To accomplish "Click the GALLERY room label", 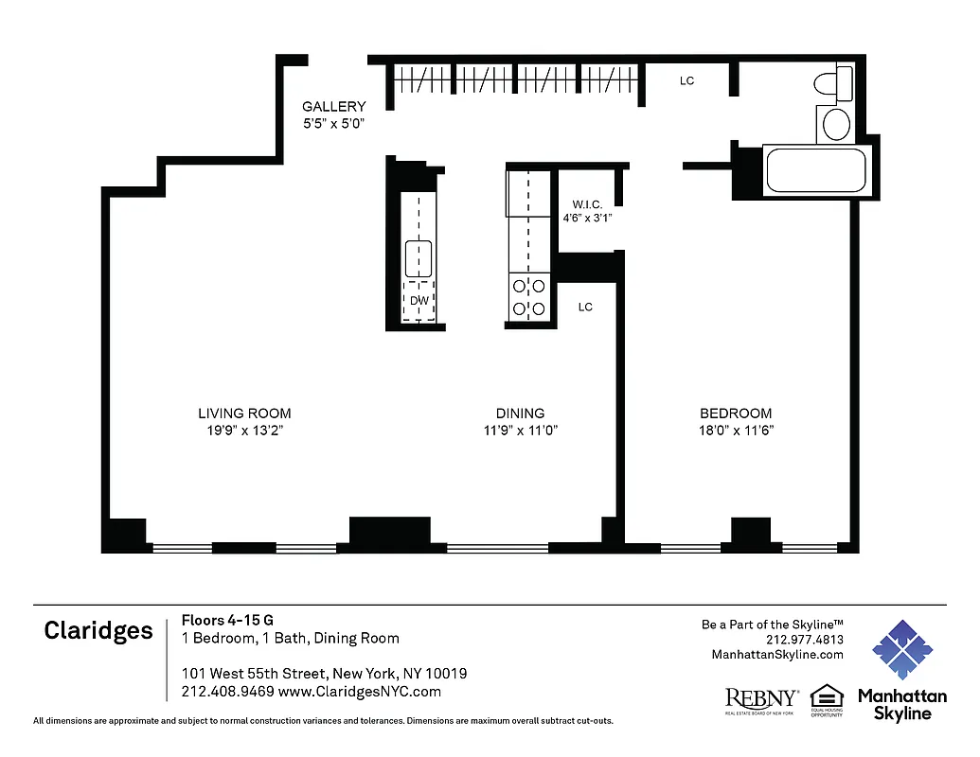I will click(333, 107).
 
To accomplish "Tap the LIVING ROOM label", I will click(244, 414).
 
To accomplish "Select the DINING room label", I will click(520, 414).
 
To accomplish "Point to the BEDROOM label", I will click(735, 414).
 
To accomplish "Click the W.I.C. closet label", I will click(587, 204).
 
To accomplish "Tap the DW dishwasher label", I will click(418, 301).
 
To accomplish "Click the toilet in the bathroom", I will click(833, 84).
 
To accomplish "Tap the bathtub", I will click(814, 171).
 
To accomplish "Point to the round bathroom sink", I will click(835, 124).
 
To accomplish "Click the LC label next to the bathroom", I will click(686, 81).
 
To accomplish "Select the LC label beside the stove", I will click(585, 308).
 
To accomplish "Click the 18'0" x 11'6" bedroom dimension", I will click(735, 431).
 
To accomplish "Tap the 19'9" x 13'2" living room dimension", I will click(244, 431).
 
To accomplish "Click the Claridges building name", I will click(98, 631).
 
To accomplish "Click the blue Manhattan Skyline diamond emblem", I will click(902, 651).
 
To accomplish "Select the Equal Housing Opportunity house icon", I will click(826, 695).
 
